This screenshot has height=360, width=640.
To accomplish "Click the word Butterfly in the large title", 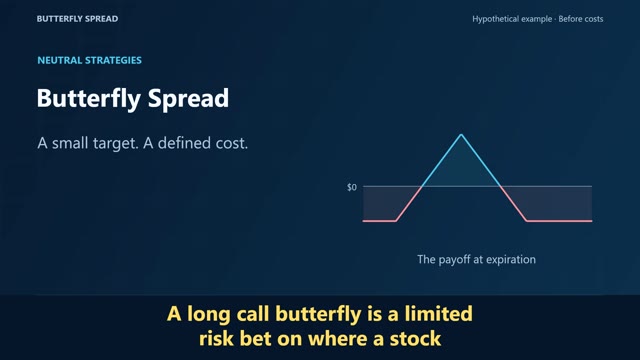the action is pos(89,99).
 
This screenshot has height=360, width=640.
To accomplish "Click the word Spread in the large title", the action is pos(188,99).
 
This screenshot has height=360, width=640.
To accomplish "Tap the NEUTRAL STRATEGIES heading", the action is pos(89,60).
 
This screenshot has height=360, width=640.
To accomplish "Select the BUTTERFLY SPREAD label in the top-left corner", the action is pos(77,19).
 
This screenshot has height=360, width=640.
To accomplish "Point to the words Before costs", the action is pos(581,19).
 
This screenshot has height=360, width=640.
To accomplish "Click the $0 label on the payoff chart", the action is pos(351,187).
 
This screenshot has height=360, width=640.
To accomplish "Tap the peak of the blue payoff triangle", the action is pos(461,134).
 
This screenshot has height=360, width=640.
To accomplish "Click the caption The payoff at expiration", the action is pos(476,260).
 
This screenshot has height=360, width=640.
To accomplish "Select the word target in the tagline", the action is pos(115,143).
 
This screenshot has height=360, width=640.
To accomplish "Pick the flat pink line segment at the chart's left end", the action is pos(379,221).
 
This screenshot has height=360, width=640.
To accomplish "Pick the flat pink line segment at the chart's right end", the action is pos(559,221).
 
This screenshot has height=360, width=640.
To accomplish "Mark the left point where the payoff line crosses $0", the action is pos(422,187).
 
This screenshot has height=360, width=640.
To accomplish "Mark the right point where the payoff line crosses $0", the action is pos(500,187).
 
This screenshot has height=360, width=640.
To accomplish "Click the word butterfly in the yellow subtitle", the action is pos(318,314).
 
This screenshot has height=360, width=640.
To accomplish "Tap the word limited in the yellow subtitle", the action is pos(438,314).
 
